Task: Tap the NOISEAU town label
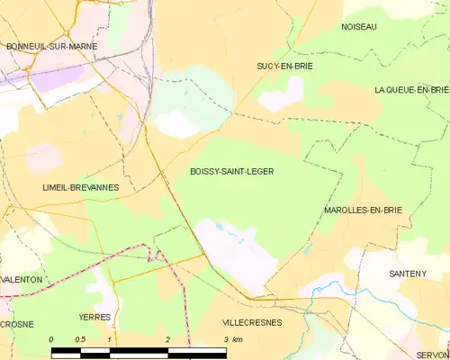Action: [359, 27]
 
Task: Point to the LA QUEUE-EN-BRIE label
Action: [411, 90]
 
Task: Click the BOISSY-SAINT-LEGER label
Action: [232, 170]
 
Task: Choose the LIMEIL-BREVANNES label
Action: [81, 187]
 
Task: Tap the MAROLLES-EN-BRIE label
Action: [362, 210]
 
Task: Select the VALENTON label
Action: [22, 280]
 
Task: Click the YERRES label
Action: [94, 318]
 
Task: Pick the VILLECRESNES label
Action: [251, 321]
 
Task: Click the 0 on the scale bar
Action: [51, 339]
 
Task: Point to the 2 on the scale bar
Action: [167, 339]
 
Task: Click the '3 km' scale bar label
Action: [231, 339]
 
